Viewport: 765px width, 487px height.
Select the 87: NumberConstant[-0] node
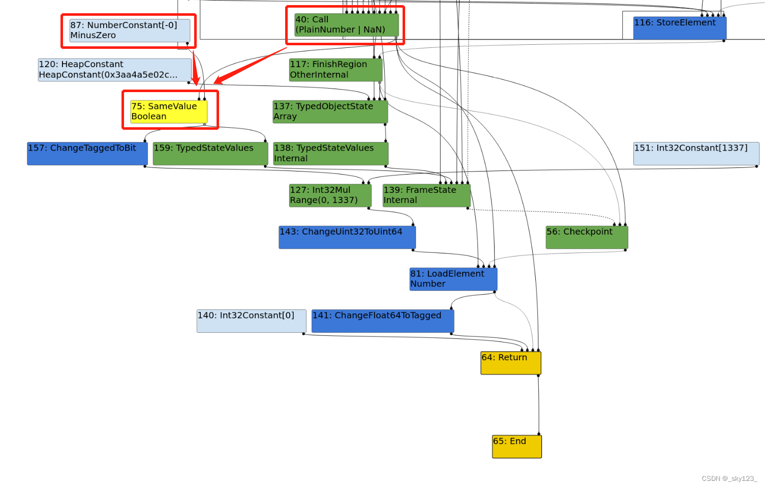[x=130, y=31]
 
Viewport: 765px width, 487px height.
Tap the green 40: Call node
[x=346, y=25]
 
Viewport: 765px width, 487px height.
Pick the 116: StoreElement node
[x=680, y=27]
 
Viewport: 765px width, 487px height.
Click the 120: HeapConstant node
[x=114, y=70]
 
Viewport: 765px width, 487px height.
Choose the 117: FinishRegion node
[x=335, y=70]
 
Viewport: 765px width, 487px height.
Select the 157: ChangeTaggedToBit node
[x=87, y=153]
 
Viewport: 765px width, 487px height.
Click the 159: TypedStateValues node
[x=210, y=153]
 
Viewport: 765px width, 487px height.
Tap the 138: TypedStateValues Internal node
[x=330, y=153]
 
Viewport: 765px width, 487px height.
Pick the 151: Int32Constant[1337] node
[x=696, y=153]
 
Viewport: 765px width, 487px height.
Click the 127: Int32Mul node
[x=330, y=195]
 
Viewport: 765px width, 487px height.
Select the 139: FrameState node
[x=426, y=195]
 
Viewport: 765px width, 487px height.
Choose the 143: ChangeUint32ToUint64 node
[x=347, y=237]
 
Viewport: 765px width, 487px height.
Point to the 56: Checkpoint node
[x=587, y=237]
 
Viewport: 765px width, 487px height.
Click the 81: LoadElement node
[x=453, y=279]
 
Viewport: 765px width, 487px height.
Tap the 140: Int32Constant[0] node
[x=251, y=321]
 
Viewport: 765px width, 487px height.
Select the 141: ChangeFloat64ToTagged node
[x=382, y=321]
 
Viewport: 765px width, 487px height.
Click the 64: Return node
[x=510, y=363]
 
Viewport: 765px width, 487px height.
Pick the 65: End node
[x=516, y=446]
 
